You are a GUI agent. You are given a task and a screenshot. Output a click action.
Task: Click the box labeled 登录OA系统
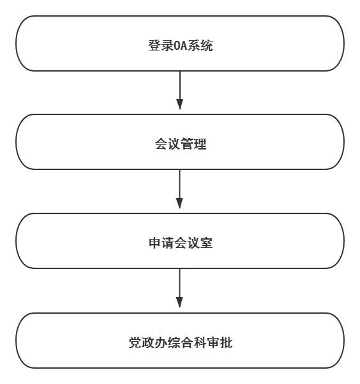(x=180, y=43)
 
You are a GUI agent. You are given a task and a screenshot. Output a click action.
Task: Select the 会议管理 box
(x=180, y=142)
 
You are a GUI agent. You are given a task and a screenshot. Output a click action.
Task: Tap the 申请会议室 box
(x=180, y=241)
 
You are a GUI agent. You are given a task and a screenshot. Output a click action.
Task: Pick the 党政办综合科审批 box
(x=180, y=341)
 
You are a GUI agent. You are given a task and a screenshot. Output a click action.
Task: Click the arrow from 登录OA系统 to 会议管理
(x=180, y=90)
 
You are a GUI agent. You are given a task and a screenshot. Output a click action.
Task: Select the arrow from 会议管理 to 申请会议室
(x=179, y=189)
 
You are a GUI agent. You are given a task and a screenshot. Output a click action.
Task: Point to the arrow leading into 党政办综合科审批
(x=179, y=288)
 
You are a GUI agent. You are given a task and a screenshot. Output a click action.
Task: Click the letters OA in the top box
(x=181, y=46)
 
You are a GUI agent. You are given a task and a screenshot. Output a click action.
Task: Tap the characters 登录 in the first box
(x=161, y=46)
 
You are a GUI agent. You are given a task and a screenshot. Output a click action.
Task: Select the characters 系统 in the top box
(x=200, y=46)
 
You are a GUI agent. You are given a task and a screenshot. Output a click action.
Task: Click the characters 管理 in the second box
(x=193, y=144)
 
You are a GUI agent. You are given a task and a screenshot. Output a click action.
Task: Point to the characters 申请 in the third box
(x=161, y=243)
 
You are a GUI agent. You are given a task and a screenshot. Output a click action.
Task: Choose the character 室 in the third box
(x=206, y=243)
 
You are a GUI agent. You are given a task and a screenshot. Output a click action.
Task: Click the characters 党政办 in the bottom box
(x=148, y=342)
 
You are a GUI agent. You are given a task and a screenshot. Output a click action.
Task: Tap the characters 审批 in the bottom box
(x=220, y=342)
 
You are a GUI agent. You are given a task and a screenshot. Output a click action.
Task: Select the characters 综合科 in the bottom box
(x=187, y=342)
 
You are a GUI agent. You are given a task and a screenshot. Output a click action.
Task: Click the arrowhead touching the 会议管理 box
(x=180, y=104)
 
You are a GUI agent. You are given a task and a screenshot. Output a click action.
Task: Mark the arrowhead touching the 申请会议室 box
(x=179, y=204)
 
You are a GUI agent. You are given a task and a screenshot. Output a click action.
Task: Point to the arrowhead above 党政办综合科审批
(x=179, y=303)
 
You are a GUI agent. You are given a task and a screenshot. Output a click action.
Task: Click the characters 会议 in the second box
(x=168, y=144)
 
